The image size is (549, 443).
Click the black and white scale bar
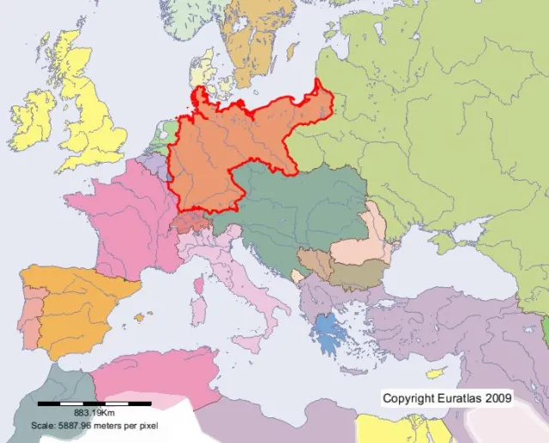pyautogui.click(x=94, y=402)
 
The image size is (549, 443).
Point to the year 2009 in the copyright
pyautogui.click(x=499, y=398)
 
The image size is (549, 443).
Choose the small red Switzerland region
pyautogui.click(x=188, y=222)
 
